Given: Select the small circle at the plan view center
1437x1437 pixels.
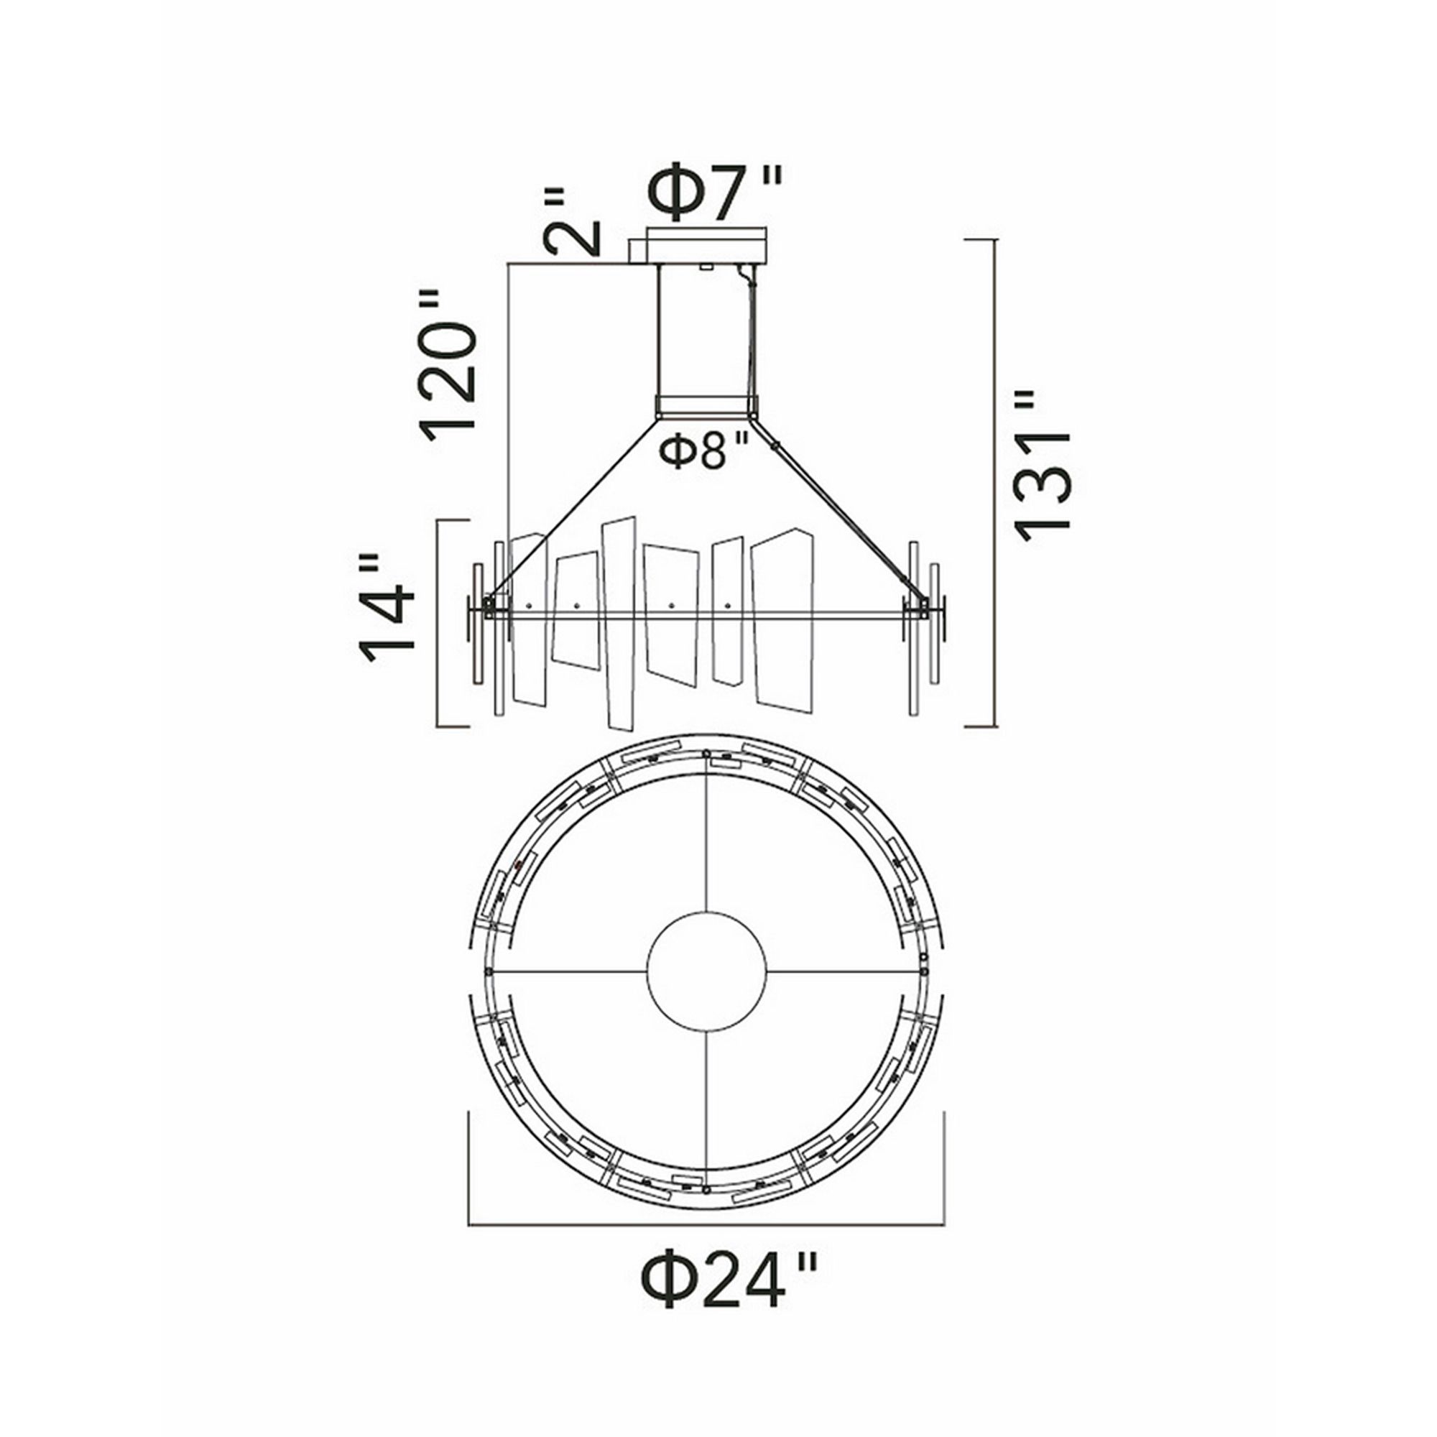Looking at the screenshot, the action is tap(706, 971).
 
